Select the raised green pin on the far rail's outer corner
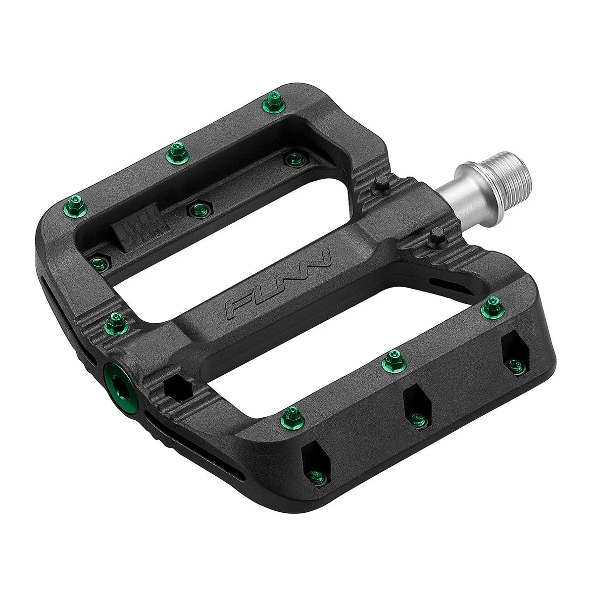coord(76,204)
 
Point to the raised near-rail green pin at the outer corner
coord(293,414)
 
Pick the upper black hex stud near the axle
coord(381,186)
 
